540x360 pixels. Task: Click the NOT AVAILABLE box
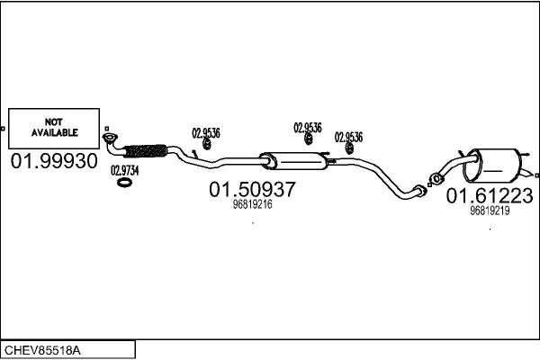[54, 129]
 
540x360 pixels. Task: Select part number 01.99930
[54, 161]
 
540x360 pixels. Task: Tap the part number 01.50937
[252, 189]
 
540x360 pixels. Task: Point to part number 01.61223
[490, 195]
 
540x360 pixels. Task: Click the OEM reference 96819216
[252, 204]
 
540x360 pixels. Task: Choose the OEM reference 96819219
[490, 211]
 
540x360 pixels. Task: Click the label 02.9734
[125, 170]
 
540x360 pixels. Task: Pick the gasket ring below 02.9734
[124, 183]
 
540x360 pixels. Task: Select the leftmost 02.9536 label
[206, 133]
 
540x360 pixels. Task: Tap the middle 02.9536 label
[308, 128]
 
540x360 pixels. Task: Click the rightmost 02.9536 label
[348, 137]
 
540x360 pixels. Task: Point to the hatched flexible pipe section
[145, 151]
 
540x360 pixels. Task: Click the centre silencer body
[293, 161]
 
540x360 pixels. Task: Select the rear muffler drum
[491, 166]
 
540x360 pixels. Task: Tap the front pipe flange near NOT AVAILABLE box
[110, 138]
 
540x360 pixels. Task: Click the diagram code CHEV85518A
[42, 350]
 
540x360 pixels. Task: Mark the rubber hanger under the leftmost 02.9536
[207, 144]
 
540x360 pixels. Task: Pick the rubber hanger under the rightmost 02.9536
[349, 148]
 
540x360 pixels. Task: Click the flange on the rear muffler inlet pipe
[436, 179]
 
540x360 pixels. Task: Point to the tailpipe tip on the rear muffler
[527, 173]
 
